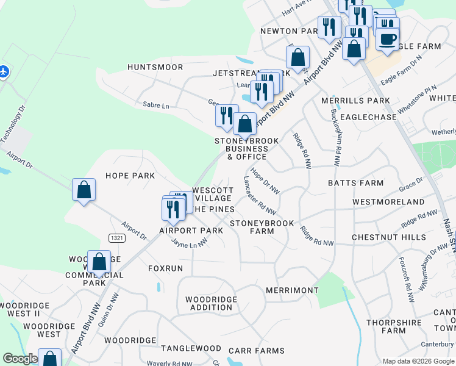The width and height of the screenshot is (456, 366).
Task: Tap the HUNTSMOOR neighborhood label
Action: coord(155,66)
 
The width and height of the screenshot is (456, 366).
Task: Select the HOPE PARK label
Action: coord(130,176)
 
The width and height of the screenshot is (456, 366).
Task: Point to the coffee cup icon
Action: coord(387,38)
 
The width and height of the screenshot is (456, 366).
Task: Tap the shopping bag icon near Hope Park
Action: coord(84,190)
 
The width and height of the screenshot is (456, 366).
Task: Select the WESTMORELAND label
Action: coord(388,202)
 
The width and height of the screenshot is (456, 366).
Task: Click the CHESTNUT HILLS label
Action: coord(389,237)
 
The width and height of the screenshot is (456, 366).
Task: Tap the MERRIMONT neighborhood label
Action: coord(292,290)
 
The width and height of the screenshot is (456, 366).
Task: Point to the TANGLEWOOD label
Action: coord(191,348)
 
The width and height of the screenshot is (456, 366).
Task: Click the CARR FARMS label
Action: coord(256,351)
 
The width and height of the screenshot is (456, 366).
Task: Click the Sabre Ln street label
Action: coord(155,106)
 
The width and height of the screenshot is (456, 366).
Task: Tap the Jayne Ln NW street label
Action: coord(190,243)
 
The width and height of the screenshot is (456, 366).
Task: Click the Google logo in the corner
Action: coord(20,359)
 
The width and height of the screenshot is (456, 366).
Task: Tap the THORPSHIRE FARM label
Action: coord(394,326)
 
